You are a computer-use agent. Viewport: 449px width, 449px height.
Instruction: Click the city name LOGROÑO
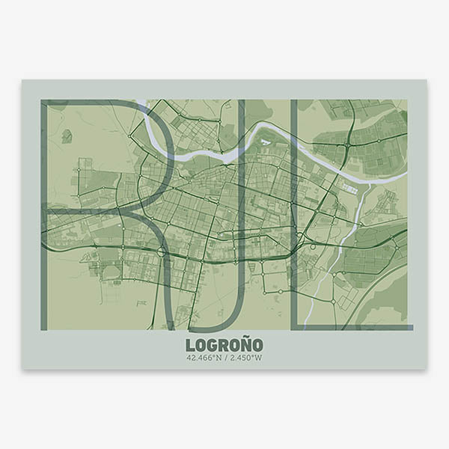[224, 345]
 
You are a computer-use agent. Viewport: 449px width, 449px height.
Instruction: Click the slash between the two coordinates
[225, 358]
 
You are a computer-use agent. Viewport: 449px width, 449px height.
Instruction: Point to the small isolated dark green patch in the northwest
[67, 136]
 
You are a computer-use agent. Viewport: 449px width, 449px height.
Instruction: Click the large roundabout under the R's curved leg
[162, 253]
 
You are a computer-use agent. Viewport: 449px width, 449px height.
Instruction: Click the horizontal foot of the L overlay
[352, 327]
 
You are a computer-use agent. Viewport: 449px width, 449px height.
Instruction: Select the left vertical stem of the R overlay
[44, 217]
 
